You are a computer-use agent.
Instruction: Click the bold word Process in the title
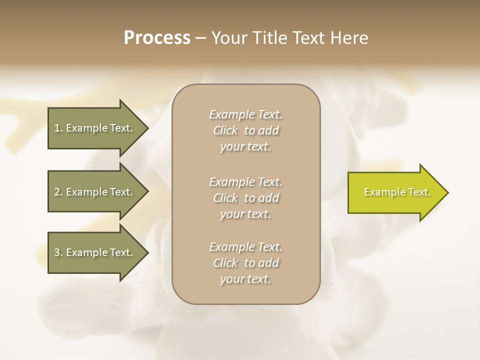coord(157,38)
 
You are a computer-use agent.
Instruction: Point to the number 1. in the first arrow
coord(58,128)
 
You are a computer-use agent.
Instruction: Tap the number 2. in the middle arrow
coord(58,192)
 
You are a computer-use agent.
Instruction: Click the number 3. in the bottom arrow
coord(58,252)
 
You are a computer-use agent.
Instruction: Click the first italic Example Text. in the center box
coord(245,114)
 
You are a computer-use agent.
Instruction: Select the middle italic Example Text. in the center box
coord(245,182)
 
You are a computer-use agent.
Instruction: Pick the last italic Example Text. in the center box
coord(245,247)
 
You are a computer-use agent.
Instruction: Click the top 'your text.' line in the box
coord(245,147)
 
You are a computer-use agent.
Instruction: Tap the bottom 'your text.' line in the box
coord(245,279)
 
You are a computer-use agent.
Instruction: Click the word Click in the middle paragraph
coord(225,198)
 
